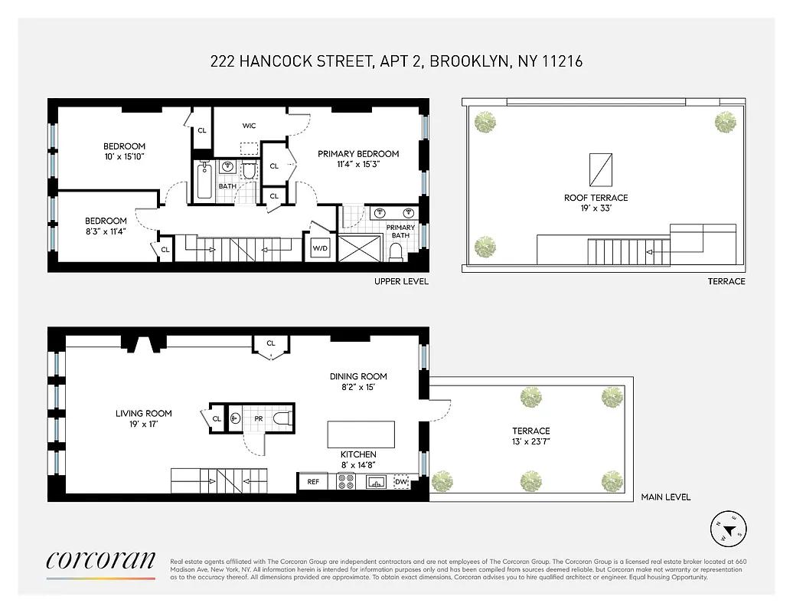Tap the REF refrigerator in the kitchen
tap(312, 482)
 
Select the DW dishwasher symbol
tap(402, 482)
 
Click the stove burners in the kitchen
tap(346, 482)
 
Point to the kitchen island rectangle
tap(361, 434)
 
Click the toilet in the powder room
tap(282, 418)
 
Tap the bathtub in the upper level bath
tap(204, 181)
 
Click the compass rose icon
tap(728, 528)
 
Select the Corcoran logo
tap(100, 562)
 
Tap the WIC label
tap(250, 126)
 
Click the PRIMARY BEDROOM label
tap(358, 154)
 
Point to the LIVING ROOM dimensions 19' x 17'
tap(143, 424)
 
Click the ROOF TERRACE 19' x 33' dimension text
tap(596, 208)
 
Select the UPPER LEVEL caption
tap(401, 281)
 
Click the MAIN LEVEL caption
tap(665, 497)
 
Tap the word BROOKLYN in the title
tap(469, 61)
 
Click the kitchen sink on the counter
tap(375, 482)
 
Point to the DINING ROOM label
tap(358, 376)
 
